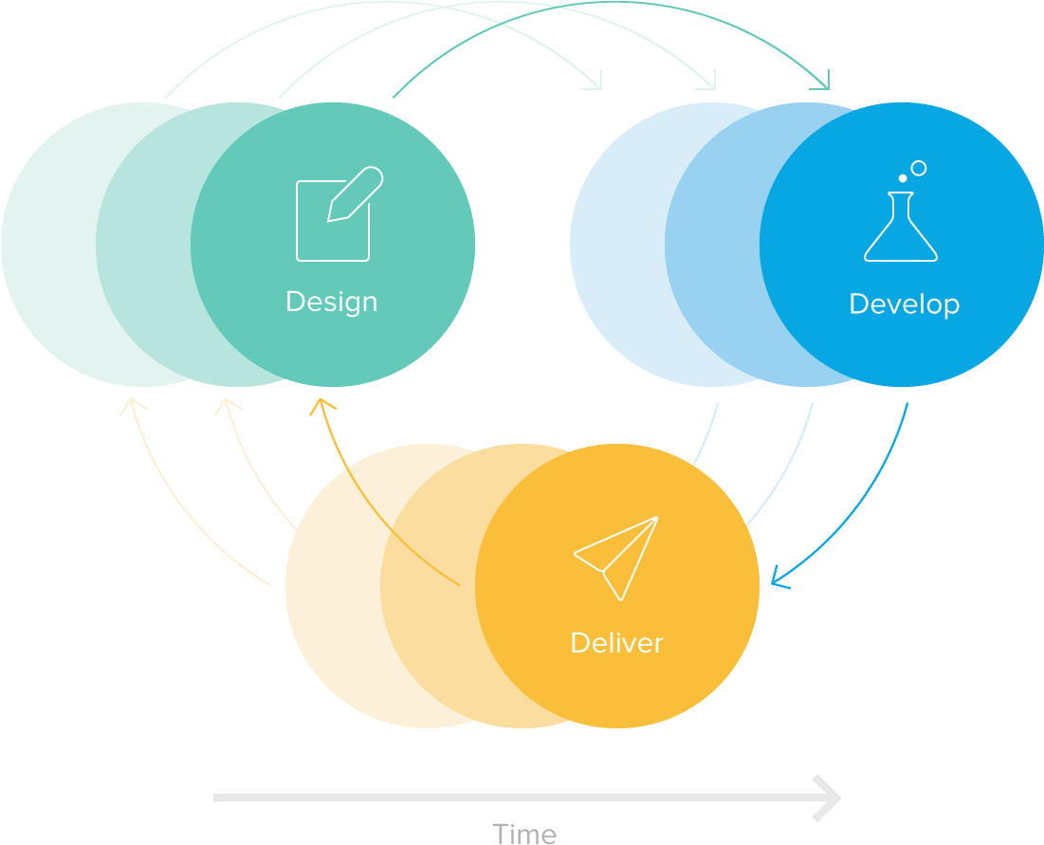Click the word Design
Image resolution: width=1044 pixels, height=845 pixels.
point(331,302)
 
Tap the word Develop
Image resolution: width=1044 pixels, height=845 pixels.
point(904,303)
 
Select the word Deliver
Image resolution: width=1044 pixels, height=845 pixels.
point(616,643)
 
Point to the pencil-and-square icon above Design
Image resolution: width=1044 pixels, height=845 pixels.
point(338,215)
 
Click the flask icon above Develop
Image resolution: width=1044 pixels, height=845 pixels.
point(901,228)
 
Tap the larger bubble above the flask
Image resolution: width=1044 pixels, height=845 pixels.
point(918,169)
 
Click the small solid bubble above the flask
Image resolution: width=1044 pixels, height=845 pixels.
point(903,178)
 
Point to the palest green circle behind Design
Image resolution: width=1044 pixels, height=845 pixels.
point(47,245)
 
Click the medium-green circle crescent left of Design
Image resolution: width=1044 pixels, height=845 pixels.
point(142,245)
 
